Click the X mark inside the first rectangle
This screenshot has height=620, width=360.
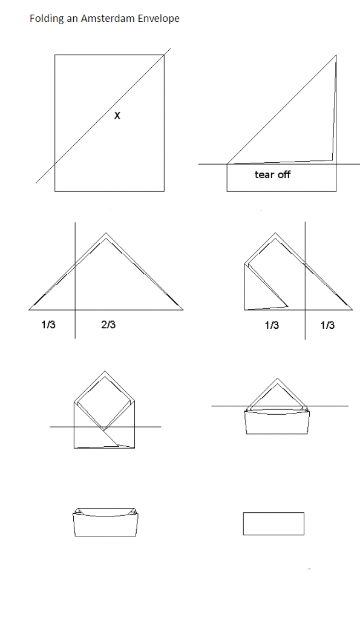(117, 116)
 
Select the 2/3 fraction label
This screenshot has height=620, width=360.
(109, 325)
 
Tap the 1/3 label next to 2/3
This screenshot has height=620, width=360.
(48, 325)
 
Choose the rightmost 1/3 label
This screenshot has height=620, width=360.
(327, 325)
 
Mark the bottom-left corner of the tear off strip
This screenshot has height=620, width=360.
(227, 191)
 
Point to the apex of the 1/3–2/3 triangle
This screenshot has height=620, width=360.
(105, 233)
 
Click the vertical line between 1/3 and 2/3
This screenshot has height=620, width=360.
(75, 280)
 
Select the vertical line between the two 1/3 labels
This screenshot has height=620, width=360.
(305, 280)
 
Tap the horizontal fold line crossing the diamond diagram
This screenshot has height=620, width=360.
(105, 427)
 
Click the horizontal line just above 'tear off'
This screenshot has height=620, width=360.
(279, 163)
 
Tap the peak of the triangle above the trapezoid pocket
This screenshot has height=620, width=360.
(277, 378)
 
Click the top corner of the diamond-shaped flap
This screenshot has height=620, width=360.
(104, 371)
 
